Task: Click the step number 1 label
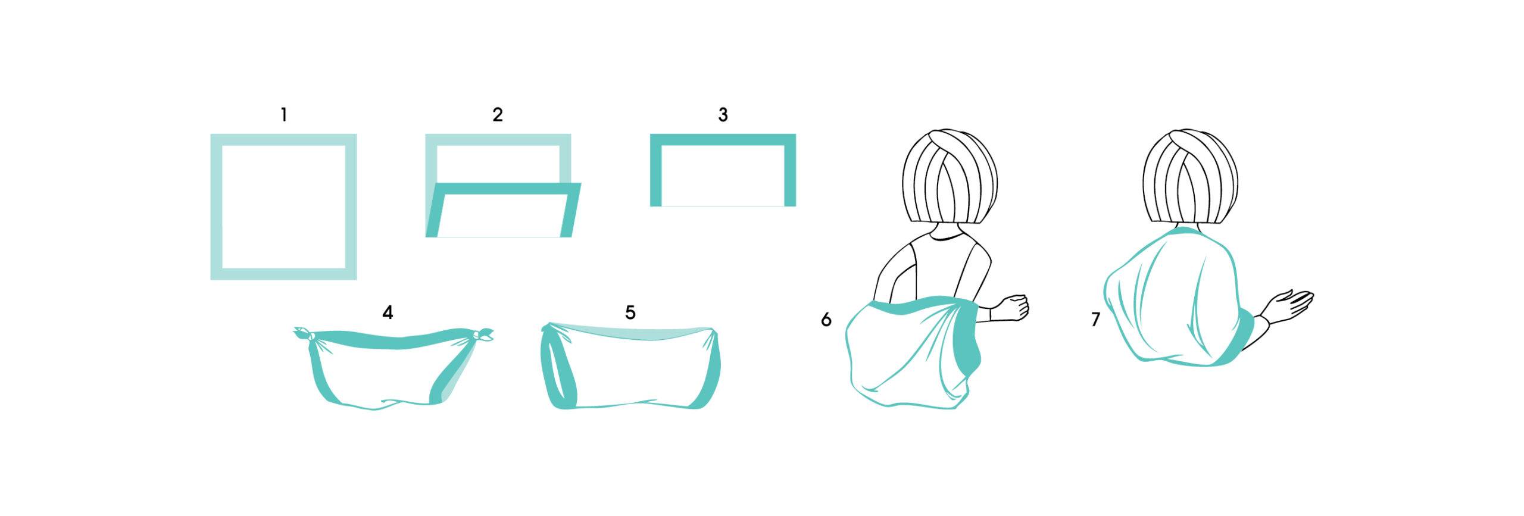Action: pyautogui.click(x=284, y=114)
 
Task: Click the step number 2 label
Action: pyautogui.click(x=498, y=114)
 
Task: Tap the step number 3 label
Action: pyautogui.click(x=723, y=114)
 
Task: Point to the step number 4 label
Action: pyautogui.click(x=388, y=312)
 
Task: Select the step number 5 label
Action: pyautogui.click(x=630, y=312)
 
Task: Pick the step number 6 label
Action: pyautogui.click(x=826, y=320)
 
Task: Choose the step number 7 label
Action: pyautogui.click(x=1096, y=320)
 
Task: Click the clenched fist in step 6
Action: pyautogui.click(x=1014, y=307)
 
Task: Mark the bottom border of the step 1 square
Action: pyautogui.click(x=283, y=274)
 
